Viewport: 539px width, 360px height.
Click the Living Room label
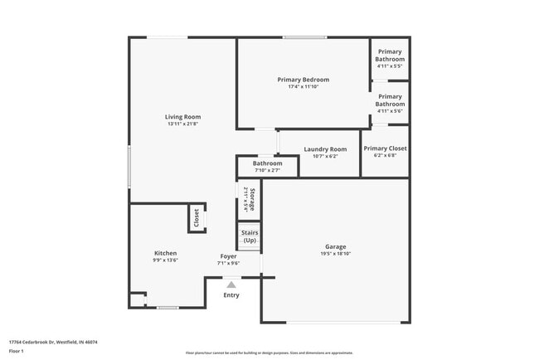pos(182,117)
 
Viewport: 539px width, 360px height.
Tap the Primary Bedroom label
pos(303,80)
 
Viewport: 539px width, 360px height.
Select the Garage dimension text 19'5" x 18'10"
pos(335,254)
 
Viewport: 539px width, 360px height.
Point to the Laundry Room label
pos(325,149)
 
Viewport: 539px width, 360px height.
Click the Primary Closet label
pos(385,148)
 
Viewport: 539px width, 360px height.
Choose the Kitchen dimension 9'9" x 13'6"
pos(166,260)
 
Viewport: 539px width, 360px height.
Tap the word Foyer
pos(229,256)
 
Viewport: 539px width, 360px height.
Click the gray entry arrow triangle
pos(231,284)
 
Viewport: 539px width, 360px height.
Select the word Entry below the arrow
pos(231,295)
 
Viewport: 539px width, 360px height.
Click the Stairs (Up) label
pos(250,236)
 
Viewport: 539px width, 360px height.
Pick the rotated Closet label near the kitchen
pos(197,218)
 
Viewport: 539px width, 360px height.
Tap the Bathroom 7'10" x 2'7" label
pos(268,167)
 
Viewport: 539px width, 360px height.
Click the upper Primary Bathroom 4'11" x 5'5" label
pos(390,56)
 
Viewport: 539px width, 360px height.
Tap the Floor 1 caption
pos(17,351)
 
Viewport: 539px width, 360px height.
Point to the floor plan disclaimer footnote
pos(269,352)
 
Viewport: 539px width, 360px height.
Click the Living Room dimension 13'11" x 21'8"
pos(182,124)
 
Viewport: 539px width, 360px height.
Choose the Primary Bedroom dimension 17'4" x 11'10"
pos(303,87)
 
